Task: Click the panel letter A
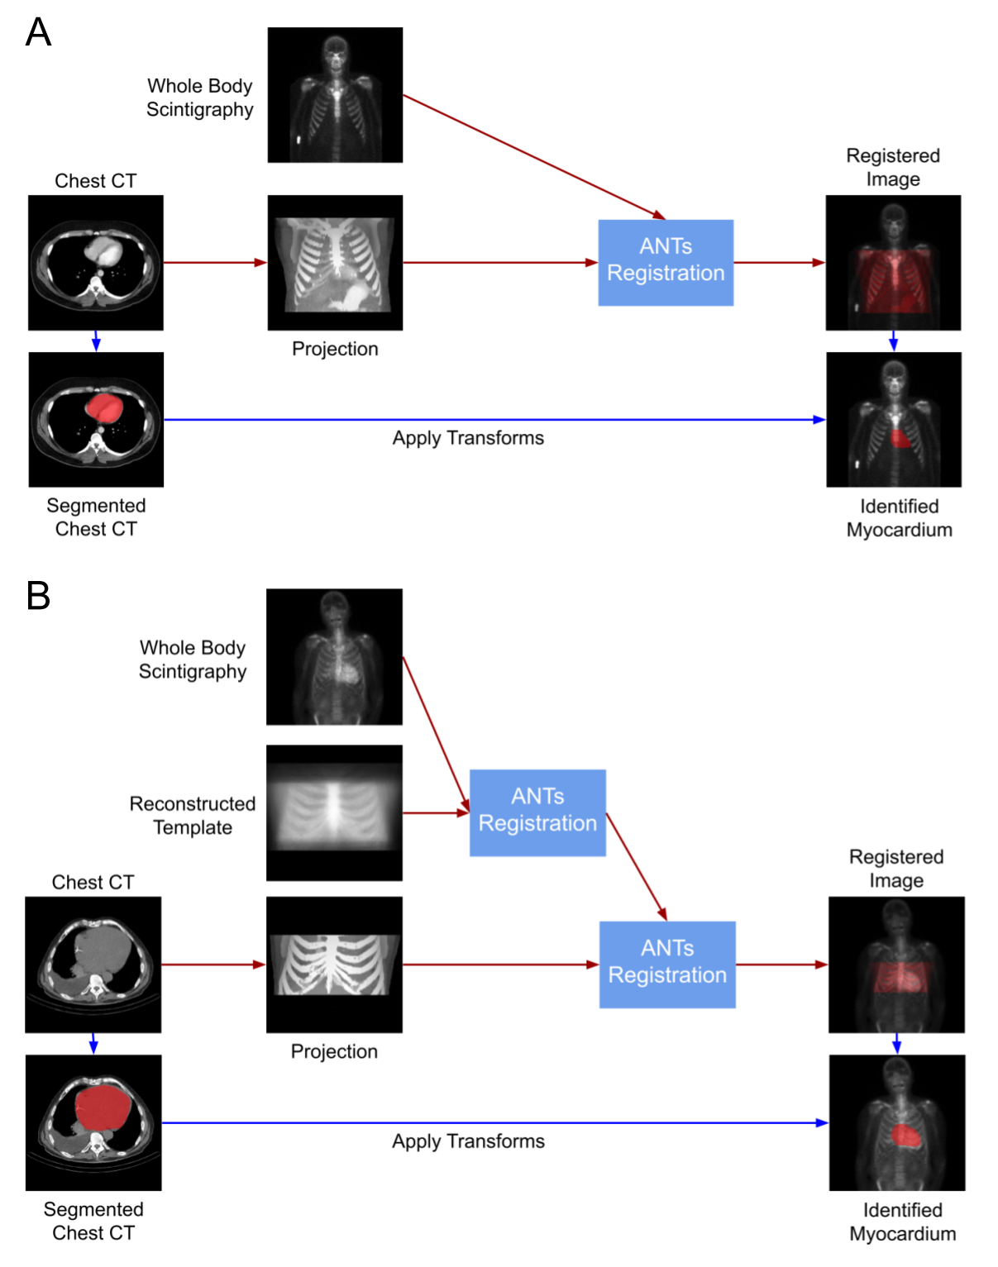38,33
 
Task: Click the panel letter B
38,595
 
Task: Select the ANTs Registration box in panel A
666,262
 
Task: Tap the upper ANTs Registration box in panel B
537,812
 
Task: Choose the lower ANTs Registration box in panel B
667,964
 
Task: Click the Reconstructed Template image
334,812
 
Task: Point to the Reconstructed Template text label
193,815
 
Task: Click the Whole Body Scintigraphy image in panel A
335,95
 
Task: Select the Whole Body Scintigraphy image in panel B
334,656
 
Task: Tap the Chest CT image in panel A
96,262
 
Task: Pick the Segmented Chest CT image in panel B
93,1122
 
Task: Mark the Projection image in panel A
335,262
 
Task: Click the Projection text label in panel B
334,1050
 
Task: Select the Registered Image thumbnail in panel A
893,262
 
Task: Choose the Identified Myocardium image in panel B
897,1122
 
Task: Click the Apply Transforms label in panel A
468,437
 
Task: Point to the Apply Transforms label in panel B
468,1141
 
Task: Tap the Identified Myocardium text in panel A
899,517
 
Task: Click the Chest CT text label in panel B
93,882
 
